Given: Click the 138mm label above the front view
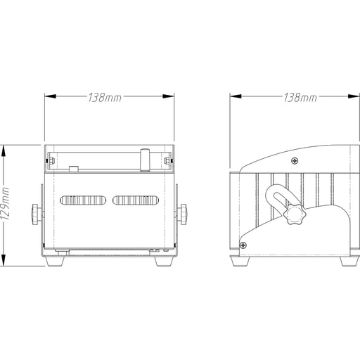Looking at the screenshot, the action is click(105, 98).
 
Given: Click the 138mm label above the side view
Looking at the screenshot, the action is click(300, 98).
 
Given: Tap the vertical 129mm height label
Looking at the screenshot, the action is click(5, 203).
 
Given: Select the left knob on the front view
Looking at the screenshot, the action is click(35, 214).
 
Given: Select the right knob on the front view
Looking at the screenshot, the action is click(184, 214).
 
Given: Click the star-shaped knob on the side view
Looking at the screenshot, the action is click(295, 214).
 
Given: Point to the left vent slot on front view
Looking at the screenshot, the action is click(83, 200).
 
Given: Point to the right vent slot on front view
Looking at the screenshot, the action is click(136, 200).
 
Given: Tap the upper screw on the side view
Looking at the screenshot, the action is click(295, 161).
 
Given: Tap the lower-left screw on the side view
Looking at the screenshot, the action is click(243, 245).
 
